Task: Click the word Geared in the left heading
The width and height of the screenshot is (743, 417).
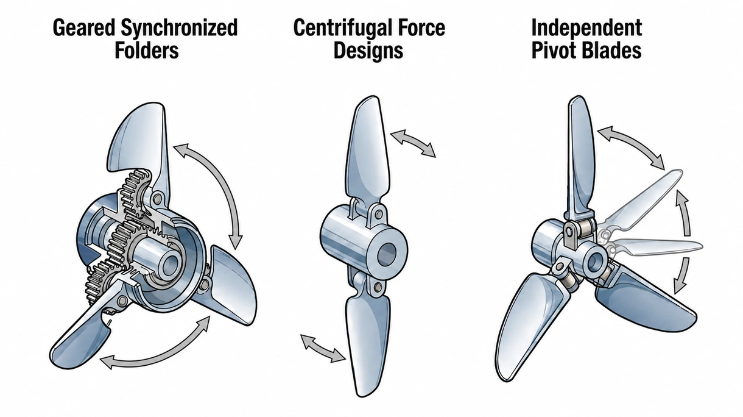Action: coord(84,27)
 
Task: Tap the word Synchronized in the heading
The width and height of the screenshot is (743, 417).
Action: coord(180,27)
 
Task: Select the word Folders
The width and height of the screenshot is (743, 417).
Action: coord(147,51)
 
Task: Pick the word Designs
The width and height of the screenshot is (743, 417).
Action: coord(368,51)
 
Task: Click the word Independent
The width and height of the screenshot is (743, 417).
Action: coord(586,27)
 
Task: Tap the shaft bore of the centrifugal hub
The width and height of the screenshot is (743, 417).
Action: coord(387,254)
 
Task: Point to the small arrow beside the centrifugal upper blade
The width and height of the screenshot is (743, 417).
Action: coord(413,143)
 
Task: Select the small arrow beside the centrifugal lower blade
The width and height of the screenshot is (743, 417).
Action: coord(323,348)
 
